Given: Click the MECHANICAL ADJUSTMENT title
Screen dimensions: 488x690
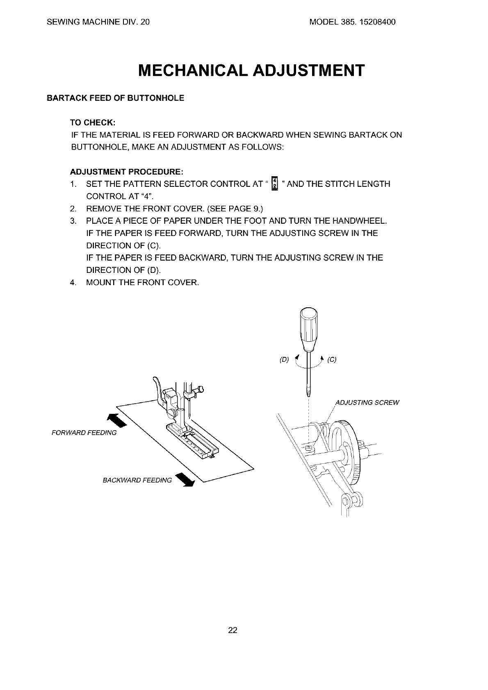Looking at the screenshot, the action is coord(251,70).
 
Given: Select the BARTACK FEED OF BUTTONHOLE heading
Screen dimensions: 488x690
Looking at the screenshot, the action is coord(116,98).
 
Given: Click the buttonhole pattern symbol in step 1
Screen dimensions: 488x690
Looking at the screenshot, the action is coord(275,184).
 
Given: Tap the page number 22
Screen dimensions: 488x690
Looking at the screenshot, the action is coord(233,630).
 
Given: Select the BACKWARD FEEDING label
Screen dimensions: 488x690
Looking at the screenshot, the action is coord(137,480).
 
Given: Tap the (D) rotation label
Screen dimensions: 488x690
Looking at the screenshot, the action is coord(284,360).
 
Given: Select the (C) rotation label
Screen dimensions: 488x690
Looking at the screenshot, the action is coord(332,360).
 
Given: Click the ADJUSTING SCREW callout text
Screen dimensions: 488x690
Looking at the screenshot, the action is coord(367,402).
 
